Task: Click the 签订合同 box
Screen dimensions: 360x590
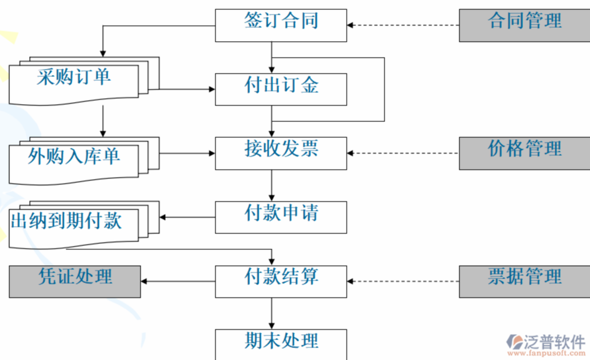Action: [280, 25]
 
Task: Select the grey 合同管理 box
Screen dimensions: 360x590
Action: [524, 25]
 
